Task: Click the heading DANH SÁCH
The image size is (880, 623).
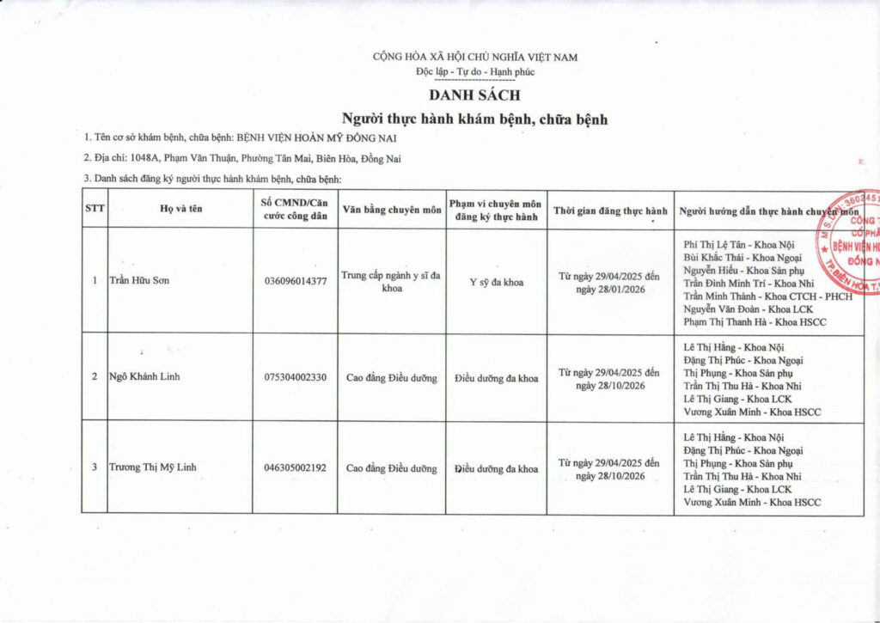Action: [x=474, y=95]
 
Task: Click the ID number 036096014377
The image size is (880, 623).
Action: [x=296, y=282]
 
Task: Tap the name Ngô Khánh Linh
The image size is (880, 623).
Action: [x=144, y=377]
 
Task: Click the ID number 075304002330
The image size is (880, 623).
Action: [x=296, y=377]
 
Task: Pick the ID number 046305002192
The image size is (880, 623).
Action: [x=296, y=468]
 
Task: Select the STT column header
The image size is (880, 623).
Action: [x=94, y=210]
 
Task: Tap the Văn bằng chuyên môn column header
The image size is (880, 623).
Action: [x=391, y=210]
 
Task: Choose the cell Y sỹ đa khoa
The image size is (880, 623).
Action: [x=496, y=282]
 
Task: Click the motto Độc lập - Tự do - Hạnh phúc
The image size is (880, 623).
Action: [x=474, y=71]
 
